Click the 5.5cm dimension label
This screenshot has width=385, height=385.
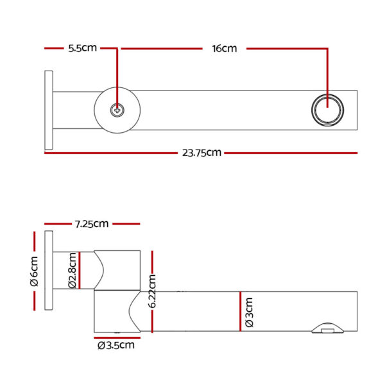click(x=83, y=48)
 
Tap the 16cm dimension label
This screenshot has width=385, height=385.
click(x=225, y=48)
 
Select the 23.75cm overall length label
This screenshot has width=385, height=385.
click(x=201, y=153)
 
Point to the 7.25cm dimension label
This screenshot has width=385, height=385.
click(x=92, y=224)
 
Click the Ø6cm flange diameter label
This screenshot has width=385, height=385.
click(x=34, y=271)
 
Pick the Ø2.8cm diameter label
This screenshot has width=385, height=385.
click(x=72, y=270)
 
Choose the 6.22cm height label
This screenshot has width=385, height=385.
click(x=152, y=291)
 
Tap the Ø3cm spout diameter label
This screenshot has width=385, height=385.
click(x=249, y=312)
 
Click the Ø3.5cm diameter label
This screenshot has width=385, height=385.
click(x=116, y=345)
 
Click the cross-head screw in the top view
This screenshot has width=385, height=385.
click(x=117, y=110)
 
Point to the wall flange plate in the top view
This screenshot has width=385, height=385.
click(x=49, y=110)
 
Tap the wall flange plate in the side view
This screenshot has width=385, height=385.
click(x=49, y=270)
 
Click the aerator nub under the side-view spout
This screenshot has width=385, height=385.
click(x=327, y=328)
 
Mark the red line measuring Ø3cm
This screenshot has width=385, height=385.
click(x=241, y=311)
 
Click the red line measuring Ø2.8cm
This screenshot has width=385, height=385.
click(x=80, y=270)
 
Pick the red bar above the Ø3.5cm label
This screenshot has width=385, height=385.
click(x=117, y=338)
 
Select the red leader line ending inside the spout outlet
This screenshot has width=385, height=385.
click(x=327, y=78)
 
